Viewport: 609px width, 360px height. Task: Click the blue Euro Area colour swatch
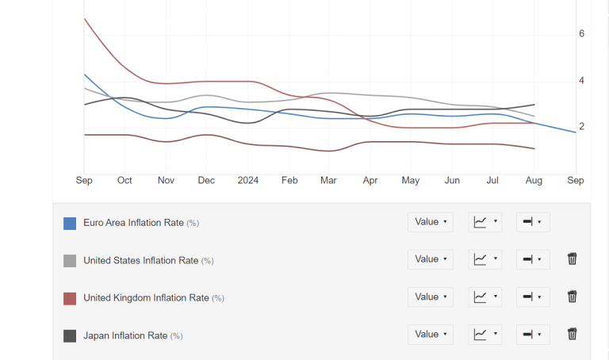(x=70, y=223)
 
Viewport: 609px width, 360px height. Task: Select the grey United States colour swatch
(x=70, y=260)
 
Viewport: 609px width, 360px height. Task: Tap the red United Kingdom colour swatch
(x=70, y=298)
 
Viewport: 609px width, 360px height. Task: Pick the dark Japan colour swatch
(x=70, y=335)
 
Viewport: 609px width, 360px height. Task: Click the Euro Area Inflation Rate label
(x=133, y=223)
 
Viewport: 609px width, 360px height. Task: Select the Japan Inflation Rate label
(x=125, y=335)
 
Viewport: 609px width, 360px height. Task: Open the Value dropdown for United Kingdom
(x=431, y=297)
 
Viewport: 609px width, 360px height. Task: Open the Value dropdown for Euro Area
(x=431, y=222)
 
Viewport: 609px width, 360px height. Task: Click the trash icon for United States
(x=572, y=259)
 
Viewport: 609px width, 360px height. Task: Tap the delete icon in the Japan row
(x=572, y=334)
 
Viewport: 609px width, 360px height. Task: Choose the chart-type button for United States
(x=485, y=259)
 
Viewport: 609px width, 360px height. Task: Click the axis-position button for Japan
(x=532, y=335)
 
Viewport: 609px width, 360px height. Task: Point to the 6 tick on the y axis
(x=581, y=33)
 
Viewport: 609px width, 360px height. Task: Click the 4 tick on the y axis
(x=581, y=80)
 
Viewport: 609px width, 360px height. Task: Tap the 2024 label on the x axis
(x=248, y=180)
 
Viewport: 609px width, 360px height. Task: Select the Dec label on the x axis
(x=206, y=180)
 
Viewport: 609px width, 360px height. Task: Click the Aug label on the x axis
(x=534, y=180)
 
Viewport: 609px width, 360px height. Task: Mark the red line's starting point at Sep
(x=85, y=18)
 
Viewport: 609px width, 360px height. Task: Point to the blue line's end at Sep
(x=576, y=132)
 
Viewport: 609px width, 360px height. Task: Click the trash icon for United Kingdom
(x=572, y=297)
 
